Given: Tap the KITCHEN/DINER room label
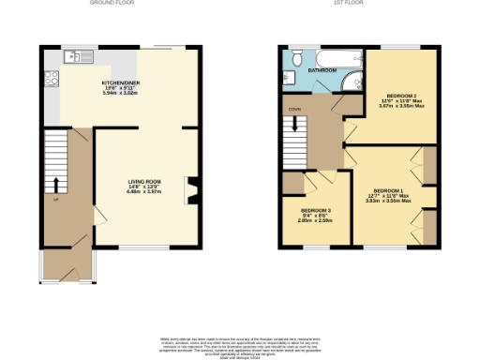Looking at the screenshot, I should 121,83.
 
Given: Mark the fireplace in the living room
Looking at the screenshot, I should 191,190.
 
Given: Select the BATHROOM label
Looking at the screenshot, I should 323,69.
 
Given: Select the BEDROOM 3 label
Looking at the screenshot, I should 315,210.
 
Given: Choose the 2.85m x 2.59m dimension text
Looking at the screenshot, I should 315,221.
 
